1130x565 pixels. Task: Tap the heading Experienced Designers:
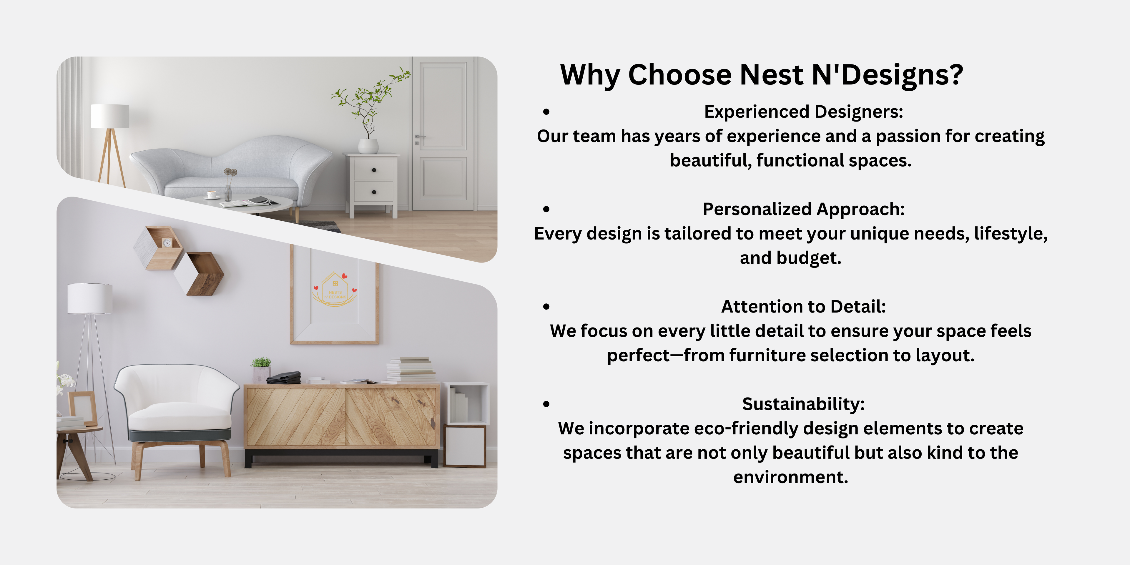coord(804,112)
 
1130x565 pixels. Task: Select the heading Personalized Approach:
coord(804,209)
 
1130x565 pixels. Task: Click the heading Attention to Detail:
coord(804,307)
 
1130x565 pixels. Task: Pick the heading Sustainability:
coord(804,404)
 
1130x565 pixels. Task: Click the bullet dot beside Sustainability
coord(546,404)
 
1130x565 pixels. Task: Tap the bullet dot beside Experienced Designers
coord(546,112)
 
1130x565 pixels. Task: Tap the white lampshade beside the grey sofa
coord(110,116)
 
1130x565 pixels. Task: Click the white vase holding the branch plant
coord(368,146)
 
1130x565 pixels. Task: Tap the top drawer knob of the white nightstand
coord(374,170)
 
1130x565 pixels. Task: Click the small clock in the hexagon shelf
coord(167,242)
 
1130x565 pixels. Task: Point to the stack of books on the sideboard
coord(410,369)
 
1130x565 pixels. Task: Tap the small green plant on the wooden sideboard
coord(261,362)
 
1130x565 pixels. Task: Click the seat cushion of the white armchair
coord(180,416)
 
